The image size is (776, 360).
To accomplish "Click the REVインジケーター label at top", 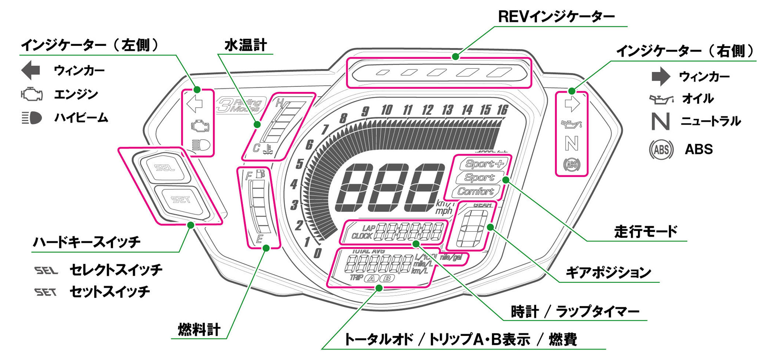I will pyautogui.click(x=556, y=17).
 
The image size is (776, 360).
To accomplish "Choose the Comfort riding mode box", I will pyautogui.click(x=475, y=191).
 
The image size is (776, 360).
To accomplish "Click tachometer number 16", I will pyautogui.click(x=502, y=110).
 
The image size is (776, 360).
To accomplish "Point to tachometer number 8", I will pyautogui.click(x=343, y=118).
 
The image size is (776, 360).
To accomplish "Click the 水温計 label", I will pyautogui.click(x=245, y=45).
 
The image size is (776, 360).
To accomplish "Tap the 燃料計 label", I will pyautogui.click(x=199, y=329).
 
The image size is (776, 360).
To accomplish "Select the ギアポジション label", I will pyautogui.click(x=608, y=273).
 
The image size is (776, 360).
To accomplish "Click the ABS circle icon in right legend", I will pyautogui.click(x=661, y=149).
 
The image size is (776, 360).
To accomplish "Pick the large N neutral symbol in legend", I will pyautogui.click(x=660, y=121).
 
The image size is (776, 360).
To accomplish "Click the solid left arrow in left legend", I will pyautogui.click(x=31, y=70).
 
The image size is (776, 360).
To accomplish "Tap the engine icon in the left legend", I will pyautogui.click(x=32, y=94).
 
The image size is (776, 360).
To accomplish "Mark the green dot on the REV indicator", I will pyautogui.click(x=456, y=57).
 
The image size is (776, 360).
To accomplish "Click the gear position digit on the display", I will pyautogui.click(x=471, y=229).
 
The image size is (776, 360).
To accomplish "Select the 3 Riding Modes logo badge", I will pyautogui.click(x=241, y=105).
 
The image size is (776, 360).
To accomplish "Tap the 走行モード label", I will pyautogui.click(x=646, y=232).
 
